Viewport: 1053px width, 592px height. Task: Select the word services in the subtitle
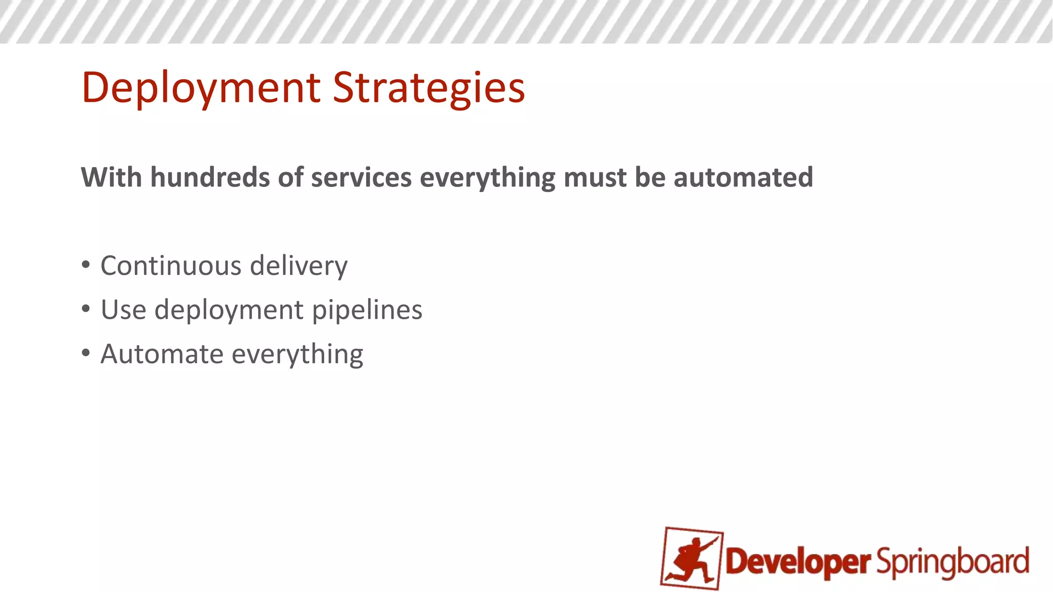point(361,177)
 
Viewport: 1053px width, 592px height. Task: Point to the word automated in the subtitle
point(743,177)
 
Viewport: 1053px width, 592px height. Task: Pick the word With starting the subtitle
point(111,177)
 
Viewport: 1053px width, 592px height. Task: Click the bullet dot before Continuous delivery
point(86,265)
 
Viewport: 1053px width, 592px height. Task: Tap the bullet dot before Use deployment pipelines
point(86,309)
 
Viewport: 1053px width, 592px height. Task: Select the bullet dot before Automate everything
point(86,354)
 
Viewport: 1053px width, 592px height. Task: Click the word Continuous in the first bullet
point(171,266)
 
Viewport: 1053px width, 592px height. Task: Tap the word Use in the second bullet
point(123,310)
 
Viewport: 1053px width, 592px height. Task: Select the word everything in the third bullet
point(297,355)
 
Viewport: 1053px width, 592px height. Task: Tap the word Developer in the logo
point(797,562)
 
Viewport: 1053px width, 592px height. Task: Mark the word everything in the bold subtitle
point(487,178)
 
